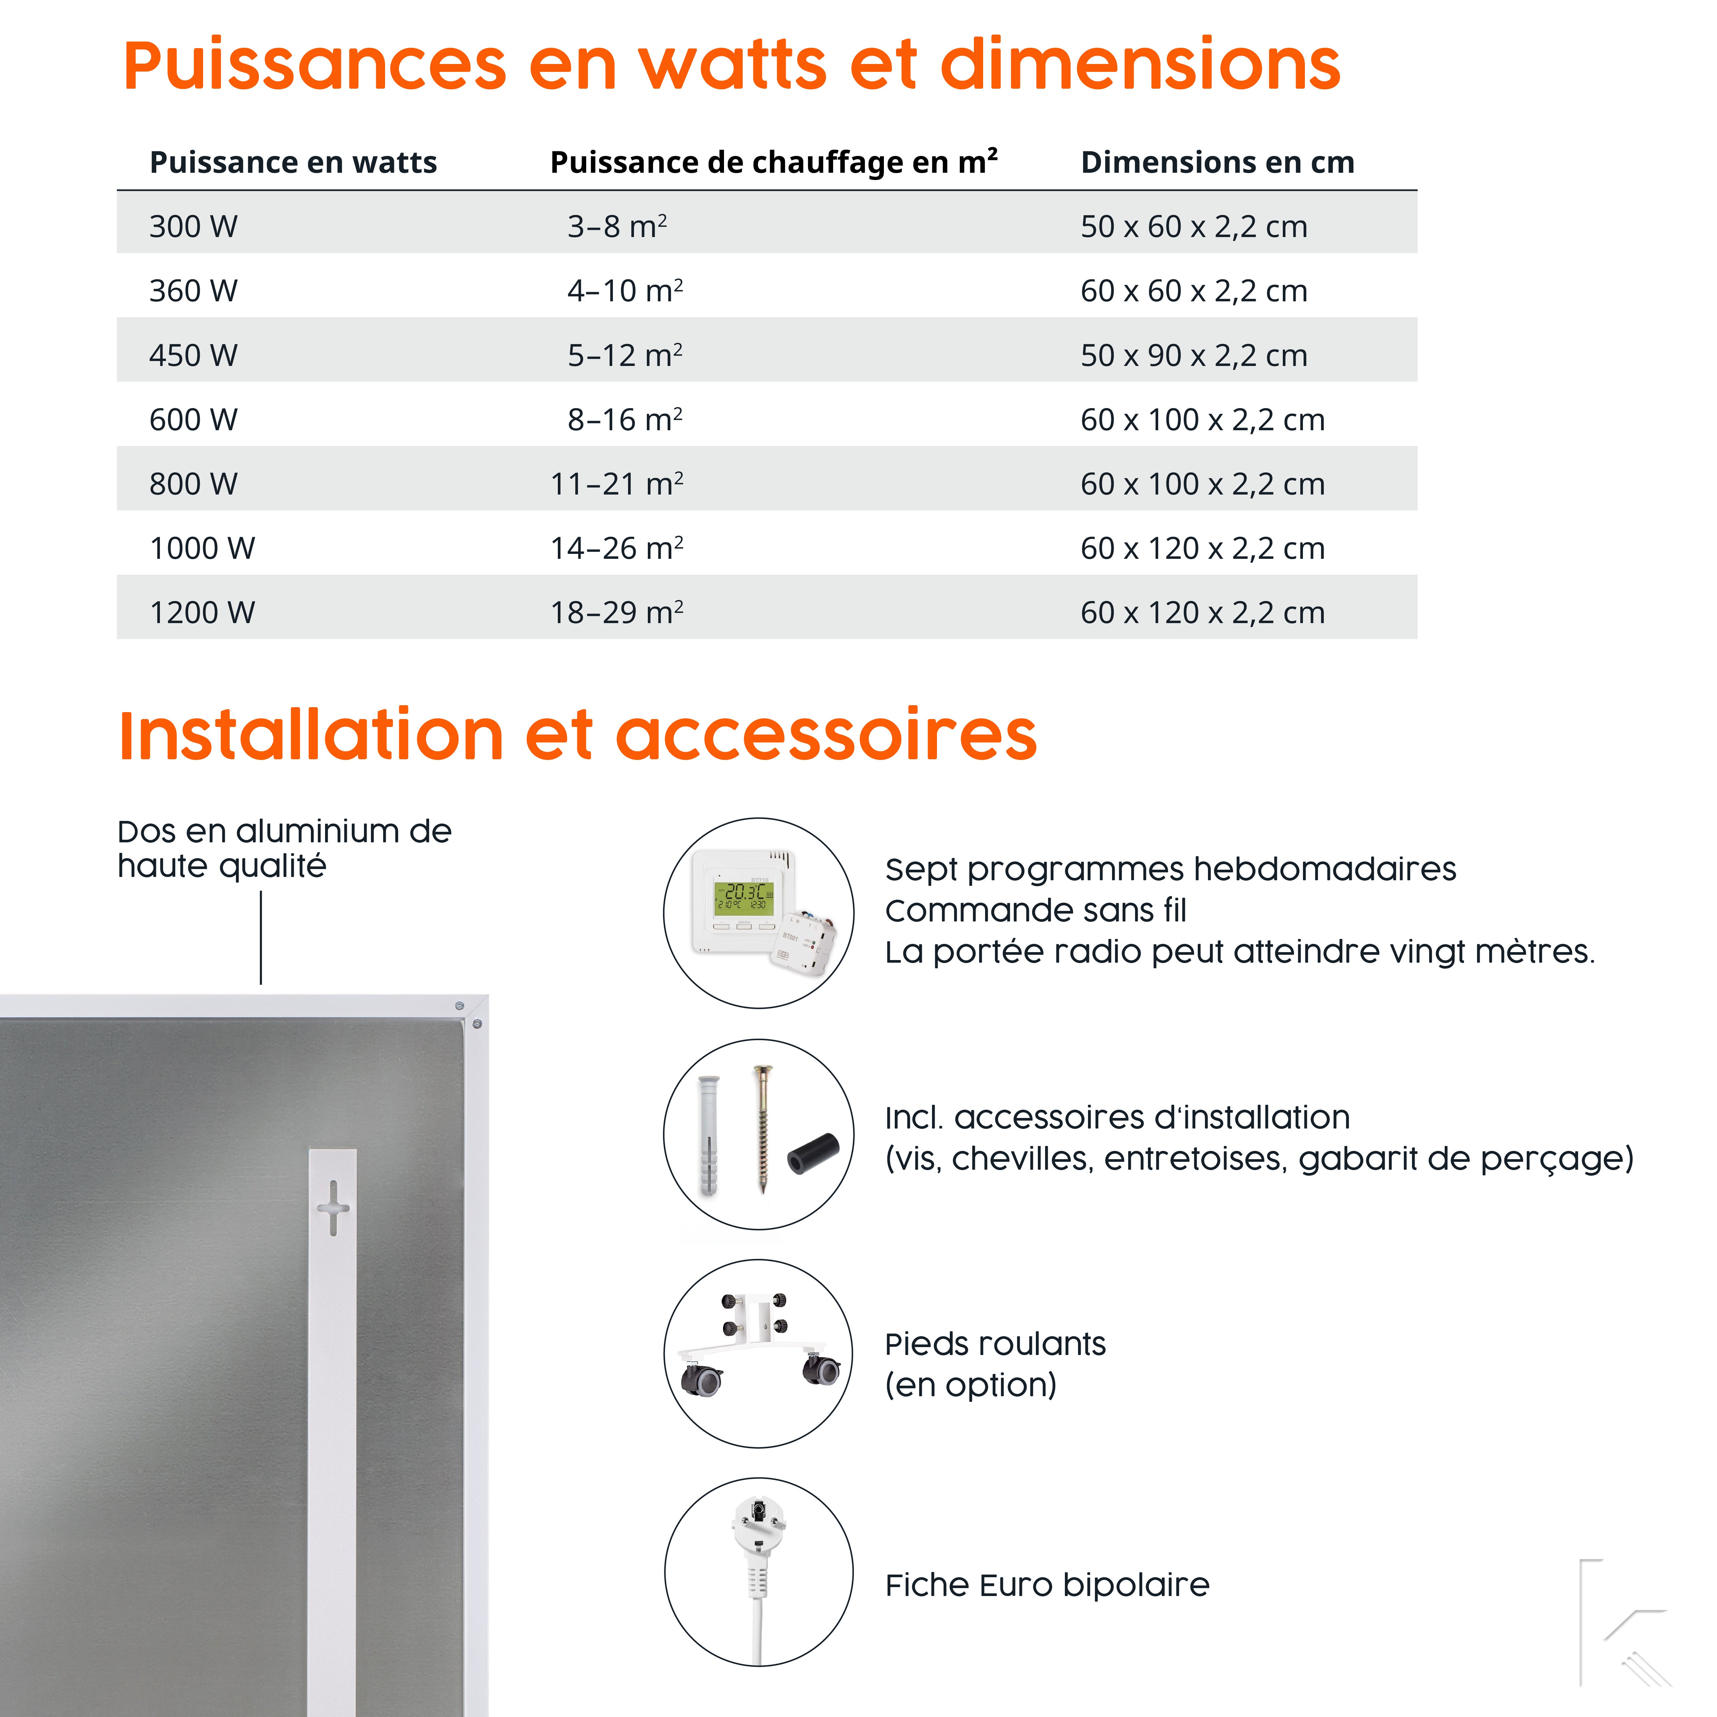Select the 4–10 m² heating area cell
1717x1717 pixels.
[x=625, y=290]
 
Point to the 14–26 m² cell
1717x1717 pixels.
[x=617, y=548]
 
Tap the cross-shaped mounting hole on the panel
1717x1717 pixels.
[x=333, y=1207]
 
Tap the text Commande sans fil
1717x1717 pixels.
[x=1035, y=910]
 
